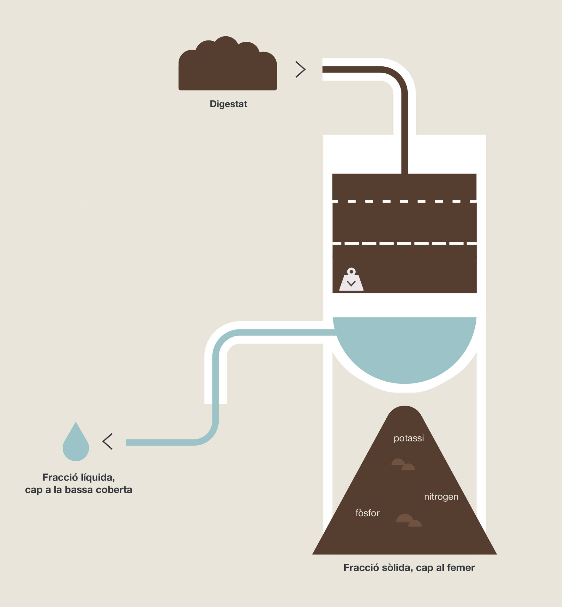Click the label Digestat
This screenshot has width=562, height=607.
coord(228,104)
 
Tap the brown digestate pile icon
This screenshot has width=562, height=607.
coord(228,64)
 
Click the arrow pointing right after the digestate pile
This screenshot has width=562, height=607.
coord(300,69)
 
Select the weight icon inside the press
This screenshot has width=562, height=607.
coord(351,279)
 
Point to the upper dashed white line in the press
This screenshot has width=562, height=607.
coord(404,201)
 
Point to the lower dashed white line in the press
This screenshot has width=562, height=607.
coord(404,243)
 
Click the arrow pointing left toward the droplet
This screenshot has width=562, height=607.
coord(107,441)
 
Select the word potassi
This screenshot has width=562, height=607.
coord(409,438)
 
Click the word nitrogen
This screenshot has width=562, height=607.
coord(441,497)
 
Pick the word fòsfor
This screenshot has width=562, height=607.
coord(367,513)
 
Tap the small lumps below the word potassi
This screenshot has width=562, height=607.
coord(403,464)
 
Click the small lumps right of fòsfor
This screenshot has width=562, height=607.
coord(409,520)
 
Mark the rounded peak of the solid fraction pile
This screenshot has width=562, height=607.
coord(405,407)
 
